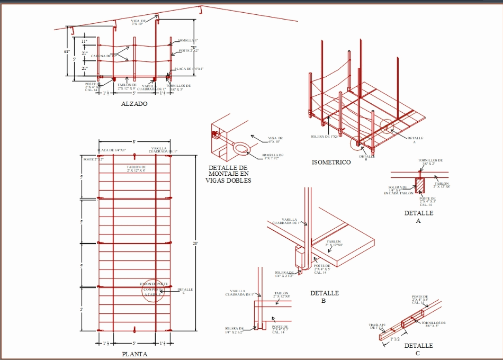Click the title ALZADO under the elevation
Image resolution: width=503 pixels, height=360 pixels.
(x=134, y=104)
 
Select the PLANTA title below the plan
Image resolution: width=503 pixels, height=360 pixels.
(x=134, y=354)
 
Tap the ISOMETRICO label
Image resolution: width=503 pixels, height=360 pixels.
(x=331, y=163)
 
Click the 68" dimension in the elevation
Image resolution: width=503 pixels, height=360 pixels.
(x=67, y=51)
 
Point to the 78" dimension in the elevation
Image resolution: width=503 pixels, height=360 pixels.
(x=193, y=48)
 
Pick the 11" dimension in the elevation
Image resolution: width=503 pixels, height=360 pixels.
(x=84, y=41)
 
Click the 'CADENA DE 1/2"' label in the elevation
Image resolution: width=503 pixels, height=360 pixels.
(x=103, y=56)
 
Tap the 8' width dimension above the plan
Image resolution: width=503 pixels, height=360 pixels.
(x=134, y=141)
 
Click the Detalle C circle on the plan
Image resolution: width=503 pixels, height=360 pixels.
(x=154, y=290)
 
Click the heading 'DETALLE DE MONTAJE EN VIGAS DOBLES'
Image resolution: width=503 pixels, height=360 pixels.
(x=228, y=174)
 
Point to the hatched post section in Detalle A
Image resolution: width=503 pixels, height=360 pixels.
(x=420, y=185)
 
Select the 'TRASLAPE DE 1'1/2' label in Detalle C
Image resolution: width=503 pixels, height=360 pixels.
(x=377, y=327)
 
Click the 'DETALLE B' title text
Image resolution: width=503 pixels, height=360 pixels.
(x=324, y=297)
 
